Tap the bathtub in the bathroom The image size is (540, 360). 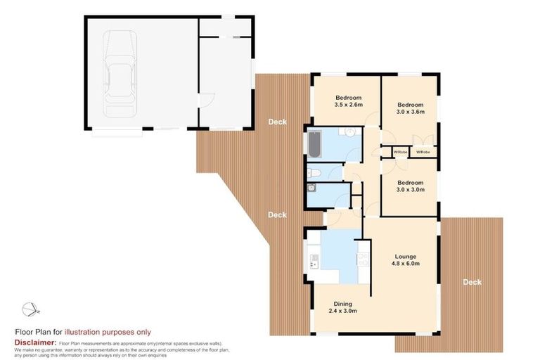pyautogui.click(x=314, y=145)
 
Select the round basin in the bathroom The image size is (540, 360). pyautogui.click(x=349, y=133)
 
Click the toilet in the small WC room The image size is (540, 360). pyautogui.click(x=315, y=173)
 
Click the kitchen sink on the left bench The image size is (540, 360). pyautogui.click(x=313, y=262)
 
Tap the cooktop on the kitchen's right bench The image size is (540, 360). pyautogui.click(x=362, y=261)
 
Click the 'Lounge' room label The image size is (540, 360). pyautogui.click(x=405, y=256)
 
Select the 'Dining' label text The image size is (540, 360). pyautogui.click(x=342, y=302)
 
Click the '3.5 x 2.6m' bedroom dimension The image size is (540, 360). pyautogui.click(x=348, y=105)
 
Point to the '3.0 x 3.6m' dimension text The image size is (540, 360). pyautogui.click(x=411, y=111)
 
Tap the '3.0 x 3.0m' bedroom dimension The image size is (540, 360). pyautogui.click(x=411, y=189)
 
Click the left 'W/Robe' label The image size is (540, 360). pyautogui.click(x=400, y=152)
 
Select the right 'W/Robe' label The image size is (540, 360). pyautogui.click(x=423, y=152)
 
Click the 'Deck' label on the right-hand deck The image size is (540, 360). pyautogui.click(x=472, y=282)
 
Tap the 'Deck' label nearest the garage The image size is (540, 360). pyautogui.click(x=277, y=122)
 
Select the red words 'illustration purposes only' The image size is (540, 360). pyautogui.click(x=108, y=333)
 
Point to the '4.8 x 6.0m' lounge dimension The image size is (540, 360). pyautogui.click(x=405, y=264)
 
